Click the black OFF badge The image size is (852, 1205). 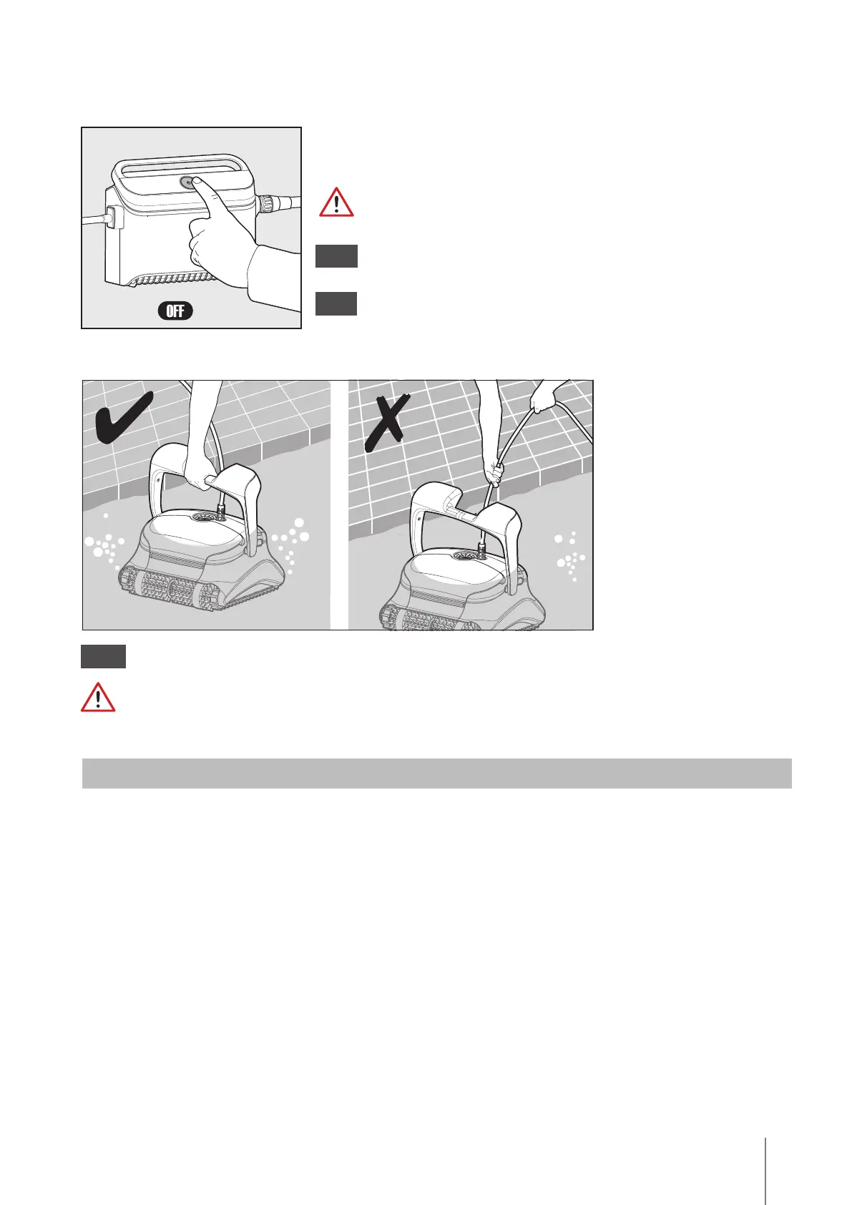pos(175,311)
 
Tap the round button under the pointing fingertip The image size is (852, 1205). pos(187,182)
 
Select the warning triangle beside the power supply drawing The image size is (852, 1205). pos(336,203)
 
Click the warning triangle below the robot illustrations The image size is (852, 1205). pos(98,697)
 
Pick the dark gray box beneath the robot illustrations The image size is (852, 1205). pos(103,656)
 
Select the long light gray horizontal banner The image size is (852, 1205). pos(437,773)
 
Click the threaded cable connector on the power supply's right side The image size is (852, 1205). pos(268,204)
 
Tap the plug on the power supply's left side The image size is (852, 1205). pos(114,218)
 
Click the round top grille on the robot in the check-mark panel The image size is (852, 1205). pos(205,519)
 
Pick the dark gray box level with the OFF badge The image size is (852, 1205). pos(336,304)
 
